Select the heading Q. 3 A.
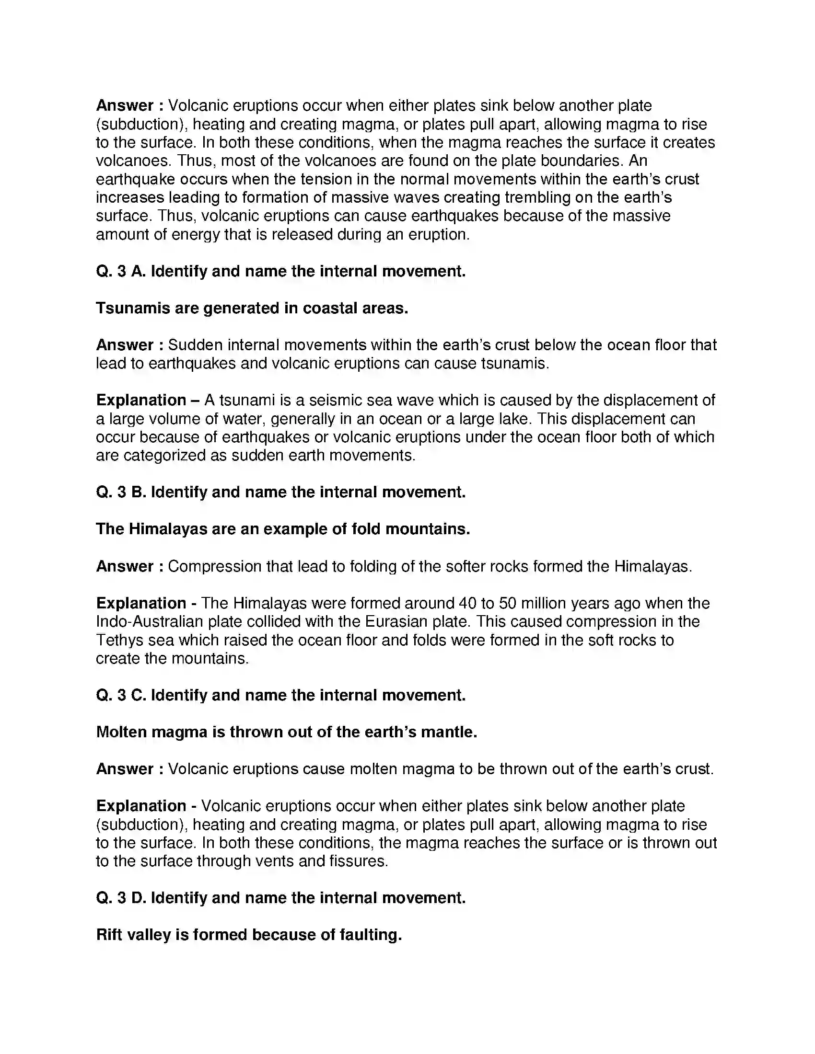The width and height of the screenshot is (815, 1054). coord(121,271)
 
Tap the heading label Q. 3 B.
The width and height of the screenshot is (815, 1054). coord(121,492)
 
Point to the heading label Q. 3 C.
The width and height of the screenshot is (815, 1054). coord(121,695)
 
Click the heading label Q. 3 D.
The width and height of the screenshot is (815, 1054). coord(121,898)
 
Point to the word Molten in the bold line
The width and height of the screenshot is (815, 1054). coord(121,732)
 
